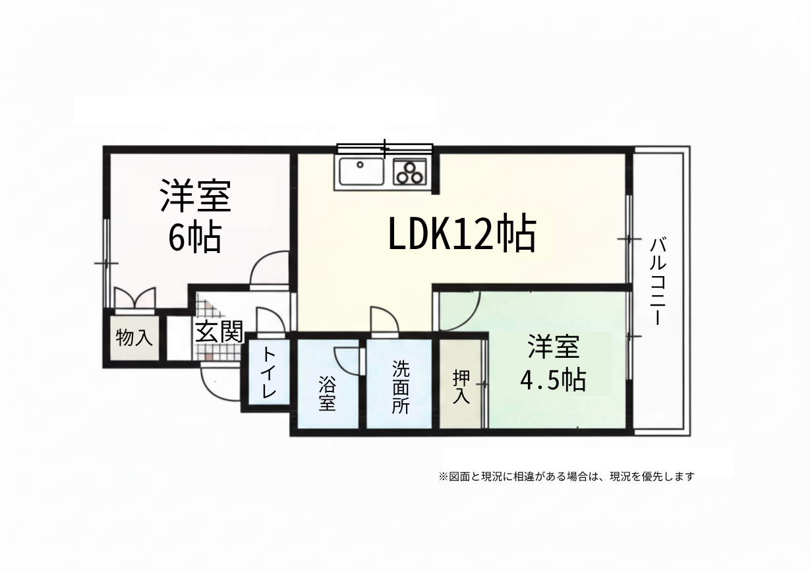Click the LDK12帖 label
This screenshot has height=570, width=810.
coord(461,234)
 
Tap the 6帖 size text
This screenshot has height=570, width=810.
coord(195,238)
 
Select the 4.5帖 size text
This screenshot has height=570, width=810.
coord(553,380)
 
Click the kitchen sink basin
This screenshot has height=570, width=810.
coord(361,171)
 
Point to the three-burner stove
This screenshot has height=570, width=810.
coord(410,172)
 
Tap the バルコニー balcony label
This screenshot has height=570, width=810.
coord(658,281)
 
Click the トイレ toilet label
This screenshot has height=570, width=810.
coord(268,373)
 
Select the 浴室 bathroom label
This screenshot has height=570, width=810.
coord(327,393)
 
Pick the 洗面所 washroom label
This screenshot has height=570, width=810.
coord(401,387)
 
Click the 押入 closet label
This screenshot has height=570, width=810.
coord(462,386)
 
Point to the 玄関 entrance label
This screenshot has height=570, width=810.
coord(219,331)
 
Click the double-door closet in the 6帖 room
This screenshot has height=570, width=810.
coord(135,300)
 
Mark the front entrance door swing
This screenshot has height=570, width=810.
coord(210,390)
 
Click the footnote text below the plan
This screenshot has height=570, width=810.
coord(567,476)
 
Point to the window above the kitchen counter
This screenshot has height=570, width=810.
coord(385,148)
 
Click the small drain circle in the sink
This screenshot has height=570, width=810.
coord(360,165)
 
